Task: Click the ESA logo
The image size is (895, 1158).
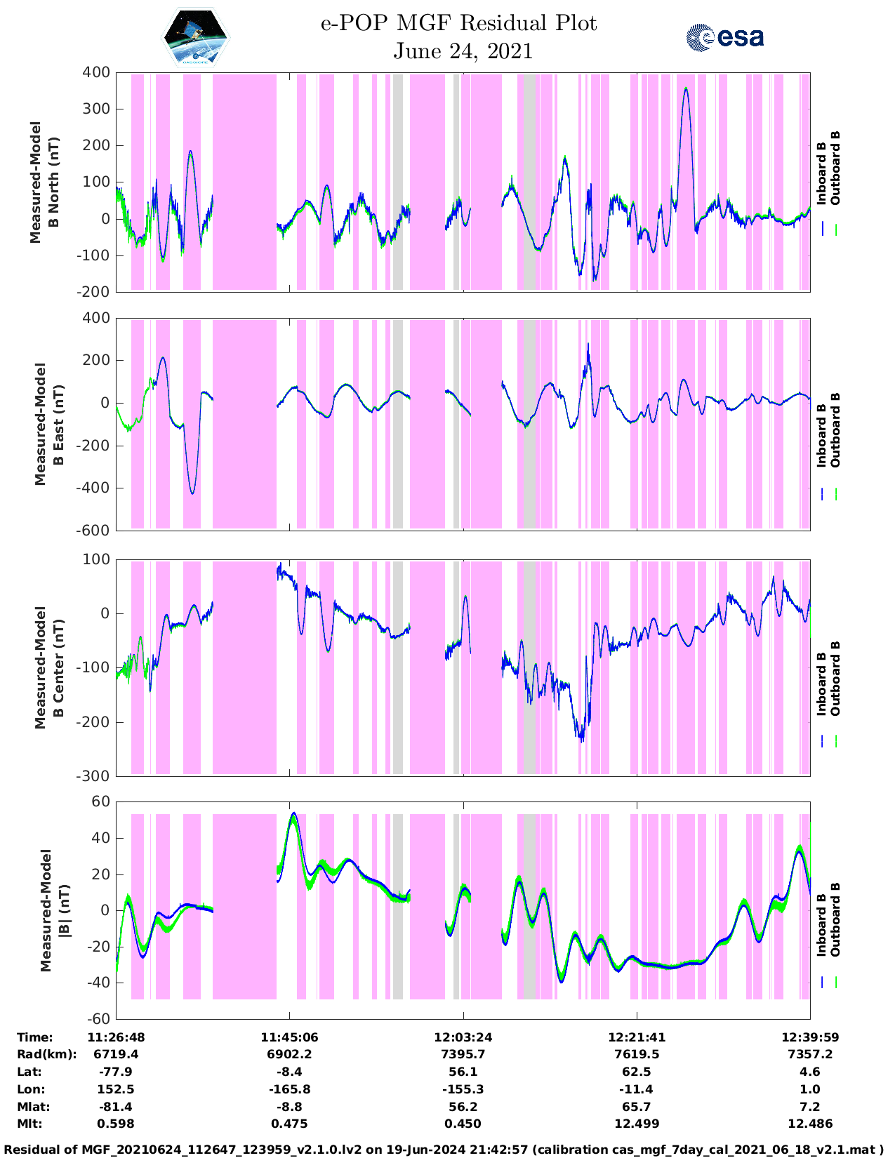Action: click(x=724, y=37)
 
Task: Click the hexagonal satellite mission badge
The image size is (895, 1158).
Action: click(x=196, y=37)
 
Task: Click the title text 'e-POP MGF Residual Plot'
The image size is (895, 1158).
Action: click(x=459, y=23)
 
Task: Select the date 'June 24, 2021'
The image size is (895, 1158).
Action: click(x=463, y=51)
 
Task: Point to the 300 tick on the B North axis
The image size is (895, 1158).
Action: click(x=96, y=109)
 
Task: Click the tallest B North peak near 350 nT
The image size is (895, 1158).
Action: click(x=686, y=88)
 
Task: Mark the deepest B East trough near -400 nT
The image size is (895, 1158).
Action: click(x=192, y=493)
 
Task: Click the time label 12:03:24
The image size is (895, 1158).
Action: click(x=463, y=1037)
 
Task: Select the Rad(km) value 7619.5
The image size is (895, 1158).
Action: click(x=637, y=1054)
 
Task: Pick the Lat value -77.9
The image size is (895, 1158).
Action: click(x=117, y=1072)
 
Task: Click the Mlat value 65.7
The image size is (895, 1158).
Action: click(x=637, y=1107)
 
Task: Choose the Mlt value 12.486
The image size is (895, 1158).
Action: click(x=810, y=1124)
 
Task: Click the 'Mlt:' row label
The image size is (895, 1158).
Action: click(x=29, y=1124)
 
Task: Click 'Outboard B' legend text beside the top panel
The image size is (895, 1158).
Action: click(x=835, y=168)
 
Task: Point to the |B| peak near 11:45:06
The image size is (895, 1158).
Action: click(x=293, y=813)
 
